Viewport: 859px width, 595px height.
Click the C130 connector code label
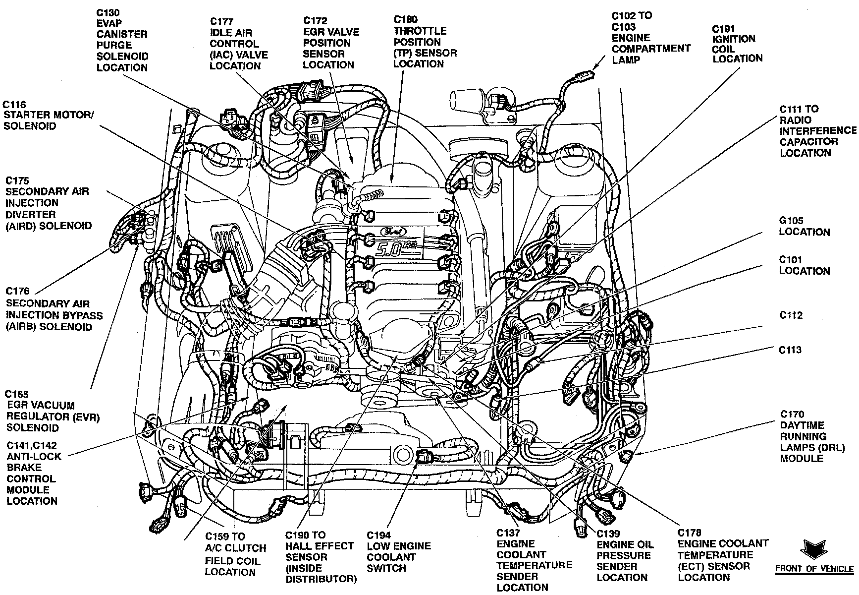click(x=108, y=12)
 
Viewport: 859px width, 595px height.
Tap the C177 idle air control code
click(x=221, y=21)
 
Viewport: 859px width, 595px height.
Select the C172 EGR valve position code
click(x=315, y=20)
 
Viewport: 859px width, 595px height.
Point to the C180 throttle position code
click(x=405, y=20)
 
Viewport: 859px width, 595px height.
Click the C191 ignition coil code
click(x=724, y=29)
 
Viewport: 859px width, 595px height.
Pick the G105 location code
click(x=791, y=221)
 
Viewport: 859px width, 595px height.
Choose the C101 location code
click(x=791, y=259)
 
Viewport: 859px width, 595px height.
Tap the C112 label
click(x=791, y=315)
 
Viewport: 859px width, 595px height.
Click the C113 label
click(x=791, y=350)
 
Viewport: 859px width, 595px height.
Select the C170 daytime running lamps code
click(x=792, y=414)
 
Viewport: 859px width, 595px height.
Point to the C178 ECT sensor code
click(x=690, y=533)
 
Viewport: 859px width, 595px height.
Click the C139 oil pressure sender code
click(x=608, y=534)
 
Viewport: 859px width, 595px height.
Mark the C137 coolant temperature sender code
click(x=509, y=533)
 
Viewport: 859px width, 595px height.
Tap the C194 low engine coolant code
click(x=379, y=535)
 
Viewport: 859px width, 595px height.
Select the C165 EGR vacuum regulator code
click(x=17, y=394)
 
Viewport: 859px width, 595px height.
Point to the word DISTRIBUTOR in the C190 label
click(x=321, y=579)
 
